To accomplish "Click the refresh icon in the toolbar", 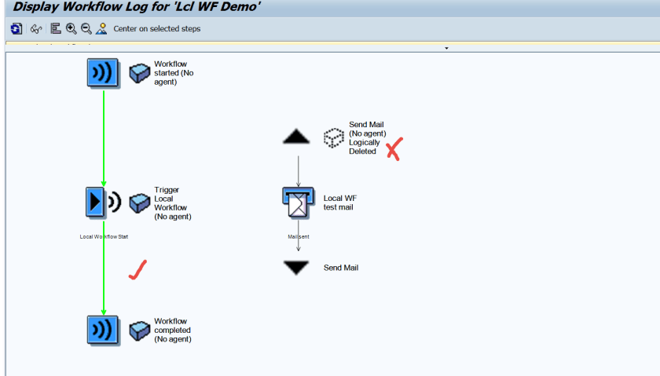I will point(16,29).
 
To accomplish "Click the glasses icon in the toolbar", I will point(36,29).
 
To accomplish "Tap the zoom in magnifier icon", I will point(71,29).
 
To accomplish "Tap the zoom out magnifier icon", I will point(86,29).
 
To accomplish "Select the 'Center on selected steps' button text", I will point(156,29).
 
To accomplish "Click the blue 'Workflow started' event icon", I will point(103,73).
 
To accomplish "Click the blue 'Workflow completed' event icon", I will point(103,330).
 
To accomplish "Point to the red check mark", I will point(138,271).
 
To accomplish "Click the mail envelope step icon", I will point(299,203).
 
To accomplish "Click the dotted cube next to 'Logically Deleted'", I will point(335,137).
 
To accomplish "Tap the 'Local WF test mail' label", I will point(340,203).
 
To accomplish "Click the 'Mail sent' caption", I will point(298,235).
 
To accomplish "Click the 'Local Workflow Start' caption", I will point(104,235).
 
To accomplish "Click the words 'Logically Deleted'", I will point(365,147).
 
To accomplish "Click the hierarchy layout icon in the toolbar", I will point(56,29).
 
